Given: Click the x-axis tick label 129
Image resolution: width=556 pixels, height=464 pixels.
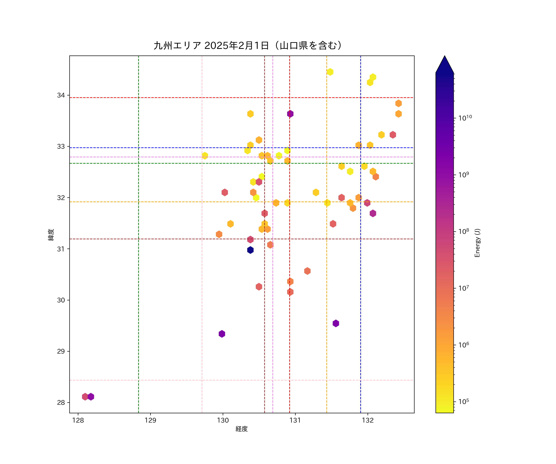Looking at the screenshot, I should (150, 421).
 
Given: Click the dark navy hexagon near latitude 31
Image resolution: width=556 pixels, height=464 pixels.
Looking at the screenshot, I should (250, 250).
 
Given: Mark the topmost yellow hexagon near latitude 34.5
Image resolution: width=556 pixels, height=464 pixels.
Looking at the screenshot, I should (330, 72).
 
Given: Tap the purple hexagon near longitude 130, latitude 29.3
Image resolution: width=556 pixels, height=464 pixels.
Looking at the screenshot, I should (222, 334).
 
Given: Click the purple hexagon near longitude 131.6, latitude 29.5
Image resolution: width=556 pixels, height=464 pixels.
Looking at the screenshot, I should (336, 323).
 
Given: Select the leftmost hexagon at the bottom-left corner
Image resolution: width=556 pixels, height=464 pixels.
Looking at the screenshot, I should (85, 397).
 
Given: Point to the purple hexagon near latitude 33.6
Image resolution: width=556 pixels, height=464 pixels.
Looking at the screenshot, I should (290, 114).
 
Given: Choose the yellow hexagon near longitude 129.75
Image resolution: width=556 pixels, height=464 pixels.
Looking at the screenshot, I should (205, 156).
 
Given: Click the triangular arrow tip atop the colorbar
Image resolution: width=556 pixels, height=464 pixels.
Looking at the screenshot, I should (444, 64).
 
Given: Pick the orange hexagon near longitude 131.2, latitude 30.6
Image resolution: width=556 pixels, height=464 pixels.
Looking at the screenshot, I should (307, 271).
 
